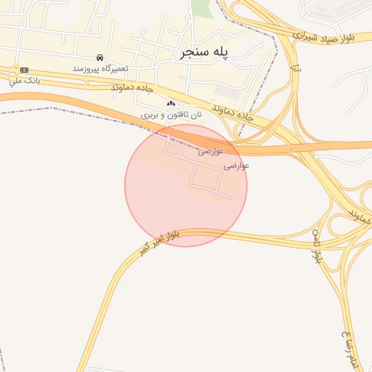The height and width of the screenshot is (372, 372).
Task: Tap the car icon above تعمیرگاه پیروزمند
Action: tap(100, 57)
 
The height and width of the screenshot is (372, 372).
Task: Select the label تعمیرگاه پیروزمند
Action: tap(100, 68)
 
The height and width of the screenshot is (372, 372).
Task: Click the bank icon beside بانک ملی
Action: tap(25, 70)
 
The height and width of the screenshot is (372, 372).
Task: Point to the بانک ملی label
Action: tap(24, 80)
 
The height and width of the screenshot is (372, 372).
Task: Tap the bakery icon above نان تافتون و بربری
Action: tap(171, 104)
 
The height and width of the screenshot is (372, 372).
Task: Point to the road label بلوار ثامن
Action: tap(317, 246)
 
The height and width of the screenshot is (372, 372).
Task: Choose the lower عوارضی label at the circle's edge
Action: tap(236, 166)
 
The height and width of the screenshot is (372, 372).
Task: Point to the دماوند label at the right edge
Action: tap(360, 216)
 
